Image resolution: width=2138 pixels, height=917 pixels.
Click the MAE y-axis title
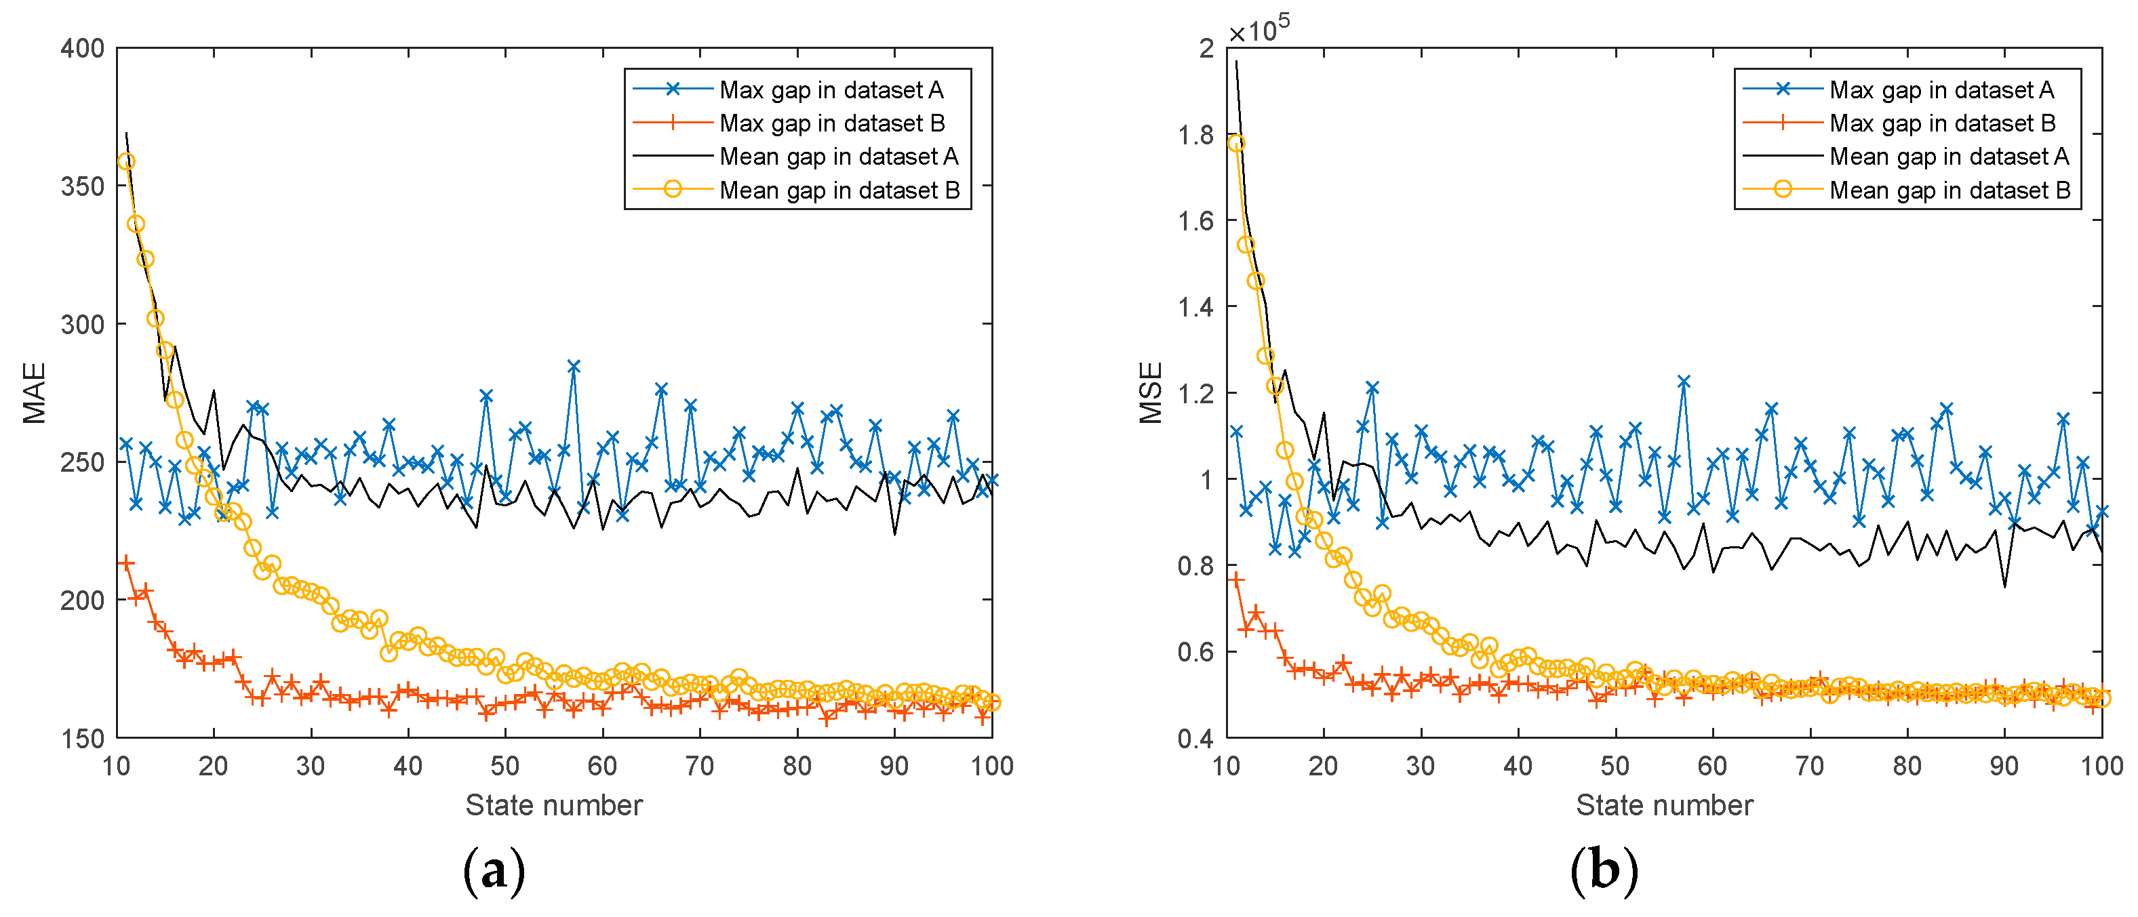point(34,393)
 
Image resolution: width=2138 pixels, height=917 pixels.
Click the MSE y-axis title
point(1150,393)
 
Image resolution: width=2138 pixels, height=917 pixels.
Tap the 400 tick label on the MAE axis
point(83,48)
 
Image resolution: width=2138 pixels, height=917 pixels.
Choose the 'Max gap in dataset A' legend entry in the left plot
point(831,89)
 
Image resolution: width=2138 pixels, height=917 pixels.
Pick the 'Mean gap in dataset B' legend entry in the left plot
point(839,190)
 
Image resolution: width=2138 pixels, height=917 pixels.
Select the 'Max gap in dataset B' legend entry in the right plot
point(1942,123)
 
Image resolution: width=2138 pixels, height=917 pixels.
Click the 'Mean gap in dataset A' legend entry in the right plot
point(1949,157)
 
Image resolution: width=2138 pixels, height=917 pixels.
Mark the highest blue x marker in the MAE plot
point(574,366)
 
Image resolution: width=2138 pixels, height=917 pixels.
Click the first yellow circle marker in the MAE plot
point(126,162)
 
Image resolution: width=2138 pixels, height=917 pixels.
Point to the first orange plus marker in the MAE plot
point(126,563)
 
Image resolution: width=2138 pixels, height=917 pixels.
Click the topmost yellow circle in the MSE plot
point(1236,144)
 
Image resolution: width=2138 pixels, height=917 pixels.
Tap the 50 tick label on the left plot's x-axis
point(504,766)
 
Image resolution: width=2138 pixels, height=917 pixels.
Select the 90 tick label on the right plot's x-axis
point(2004,766)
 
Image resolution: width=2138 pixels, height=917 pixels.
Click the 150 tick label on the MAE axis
point(83,738)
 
